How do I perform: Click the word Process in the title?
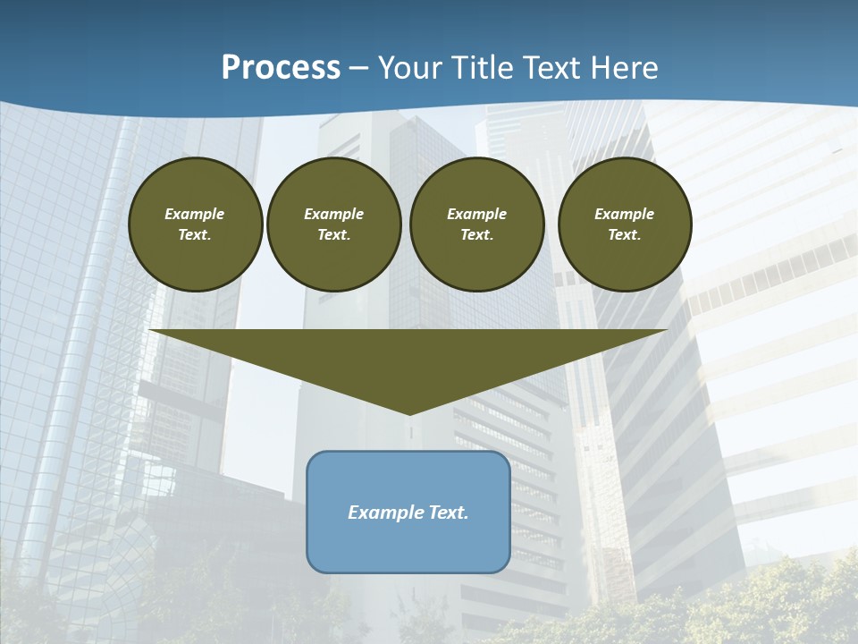coord(281,68)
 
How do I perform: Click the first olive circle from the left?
coord(196,225)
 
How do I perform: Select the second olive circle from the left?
coord(334,225)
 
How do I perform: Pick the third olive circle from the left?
coord(477,225)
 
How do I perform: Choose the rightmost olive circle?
coord(625,225)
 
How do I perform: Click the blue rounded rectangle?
coord(408,512)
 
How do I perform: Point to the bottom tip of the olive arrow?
coord(409,413)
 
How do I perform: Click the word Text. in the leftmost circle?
coord(195,235)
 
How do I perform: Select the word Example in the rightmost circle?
coord(624,214)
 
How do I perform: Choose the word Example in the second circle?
coord(333,214)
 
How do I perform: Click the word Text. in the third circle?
coord(477,235)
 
